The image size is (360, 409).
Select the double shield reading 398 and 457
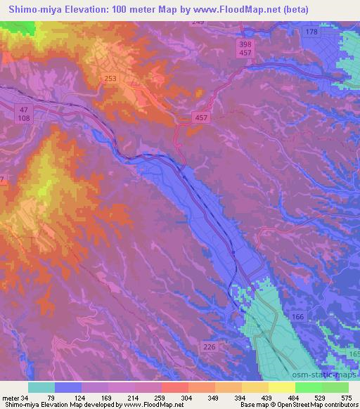[x=245, y=48]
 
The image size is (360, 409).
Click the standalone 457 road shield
[x=200, y=119]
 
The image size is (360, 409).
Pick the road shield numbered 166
[x=298, y=318]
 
